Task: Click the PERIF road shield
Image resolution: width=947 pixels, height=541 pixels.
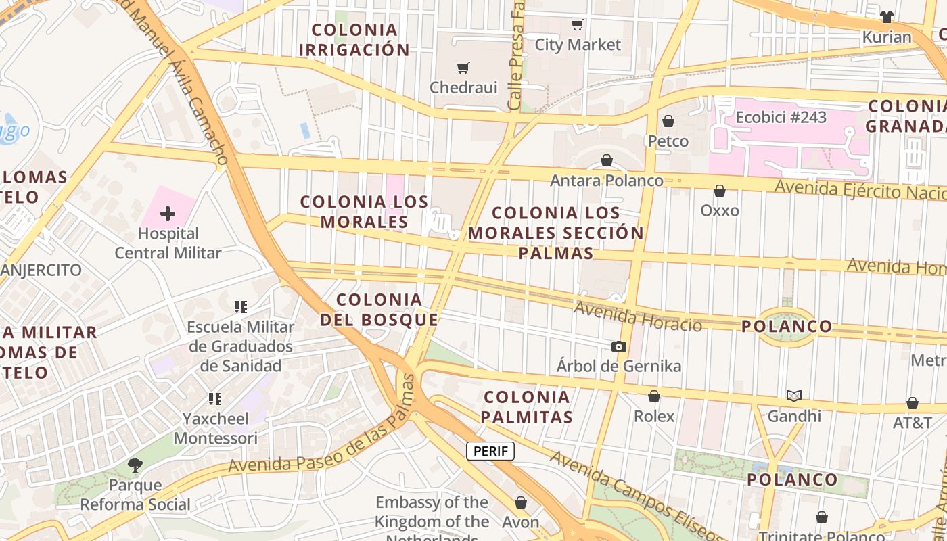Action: pyautogui.click(x=490, y=451)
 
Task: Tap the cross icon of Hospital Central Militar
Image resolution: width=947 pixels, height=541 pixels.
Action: pyautogui.click(x=168, y=214)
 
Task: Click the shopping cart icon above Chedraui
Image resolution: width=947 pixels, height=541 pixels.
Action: pyautogui.click(x=463, y=68)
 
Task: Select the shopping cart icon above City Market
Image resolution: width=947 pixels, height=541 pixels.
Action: pyautogui.click(x=578, y=25)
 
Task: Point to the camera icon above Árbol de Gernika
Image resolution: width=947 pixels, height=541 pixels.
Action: pyautogui.click(x=618, y=347)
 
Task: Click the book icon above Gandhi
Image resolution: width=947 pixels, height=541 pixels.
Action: pyautogui.click(x=793, y=396)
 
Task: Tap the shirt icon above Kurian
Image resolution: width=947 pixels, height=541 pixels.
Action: pyautogui.click(x=887, y=17)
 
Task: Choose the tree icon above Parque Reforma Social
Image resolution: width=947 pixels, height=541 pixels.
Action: pyautogui.click(x=135, y=465)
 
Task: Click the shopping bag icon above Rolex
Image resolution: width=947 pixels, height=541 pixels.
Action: pyautogui.click(x=654, y=396)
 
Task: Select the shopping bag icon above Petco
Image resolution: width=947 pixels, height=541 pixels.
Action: pyautogui.click(x=668, y=122)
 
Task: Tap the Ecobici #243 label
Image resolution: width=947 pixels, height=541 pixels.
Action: pyautogui.click(x=781, y=117)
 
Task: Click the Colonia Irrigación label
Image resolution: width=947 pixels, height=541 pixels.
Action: pyautogui.click(x=354, y=40)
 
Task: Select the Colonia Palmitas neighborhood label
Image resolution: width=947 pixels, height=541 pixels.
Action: pyautogui.click(x=528, y=406)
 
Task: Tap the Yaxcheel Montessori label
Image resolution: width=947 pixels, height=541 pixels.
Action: pyautogui.click(x=215, y=428)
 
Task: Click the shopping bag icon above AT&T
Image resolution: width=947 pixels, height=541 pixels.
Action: pyautogui.click(x=913, y=404)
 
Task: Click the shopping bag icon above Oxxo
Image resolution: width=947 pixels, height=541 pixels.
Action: pyautogui.click(x=720, y=191)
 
